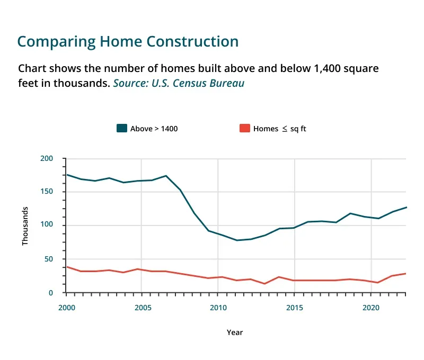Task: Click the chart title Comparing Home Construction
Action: click(128, 41)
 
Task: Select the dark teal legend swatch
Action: click(122, 128)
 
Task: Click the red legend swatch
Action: click(244, 128)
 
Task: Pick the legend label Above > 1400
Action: click(154, 129)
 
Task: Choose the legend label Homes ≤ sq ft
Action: click(279, 129)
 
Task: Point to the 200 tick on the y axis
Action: click(47, 158)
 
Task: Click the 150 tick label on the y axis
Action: click(47, 192)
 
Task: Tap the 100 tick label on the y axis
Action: click(47, 226)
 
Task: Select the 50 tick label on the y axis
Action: click(49, 259)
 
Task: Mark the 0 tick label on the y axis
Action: click(51, 293)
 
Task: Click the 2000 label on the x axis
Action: click(66, 308)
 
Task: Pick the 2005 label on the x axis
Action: click(142, 308)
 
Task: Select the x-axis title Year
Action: click(235, 332)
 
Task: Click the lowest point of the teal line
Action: click(237, 240)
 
